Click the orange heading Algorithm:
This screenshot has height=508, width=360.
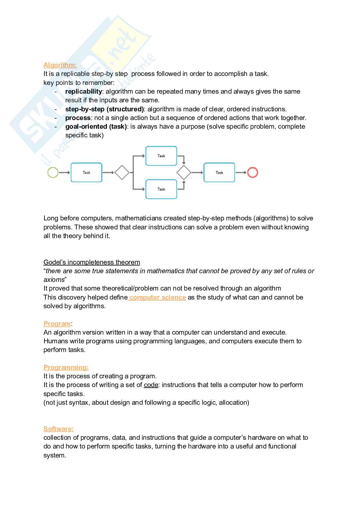click(60, 65)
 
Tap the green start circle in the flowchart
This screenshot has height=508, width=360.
click(53, 172)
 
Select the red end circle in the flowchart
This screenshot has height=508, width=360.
click(252, 172)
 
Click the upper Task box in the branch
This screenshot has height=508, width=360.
click(161, 156)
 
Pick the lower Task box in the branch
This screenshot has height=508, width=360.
click(161, 189)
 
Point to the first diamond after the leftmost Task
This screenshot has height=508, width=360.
click(122, 172)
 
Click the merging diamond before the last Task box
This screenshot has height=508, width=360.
click(184, 172)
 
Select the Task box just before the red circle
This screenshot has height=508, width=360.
click(219, 172)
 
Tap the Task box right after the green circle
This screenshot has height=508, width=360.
click(86, 172)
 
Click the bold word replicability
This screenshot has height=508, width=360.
click(83, 91)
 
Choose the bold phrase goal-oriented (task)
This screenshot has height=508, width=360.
click(96, 126)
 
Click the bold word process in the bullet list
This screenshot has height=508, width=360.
click(78, 118)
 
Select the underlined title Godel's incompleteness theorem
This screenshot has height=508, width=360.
click(92, 262)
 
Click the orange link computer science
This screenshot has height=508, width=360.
click(157, 297)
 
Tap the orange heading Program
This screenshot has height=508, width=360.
click(57, 324)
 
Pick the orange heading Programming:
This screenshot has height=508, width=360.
click(66, 367)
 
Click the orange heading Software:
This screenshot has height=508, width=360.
click(58, 429)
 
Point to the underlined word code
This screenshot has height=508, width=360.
click(151, 385)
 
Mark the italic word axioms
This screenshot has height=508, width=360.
click(54, 280)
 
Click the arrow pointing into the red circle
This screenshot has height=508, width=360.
click(241, 172)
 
